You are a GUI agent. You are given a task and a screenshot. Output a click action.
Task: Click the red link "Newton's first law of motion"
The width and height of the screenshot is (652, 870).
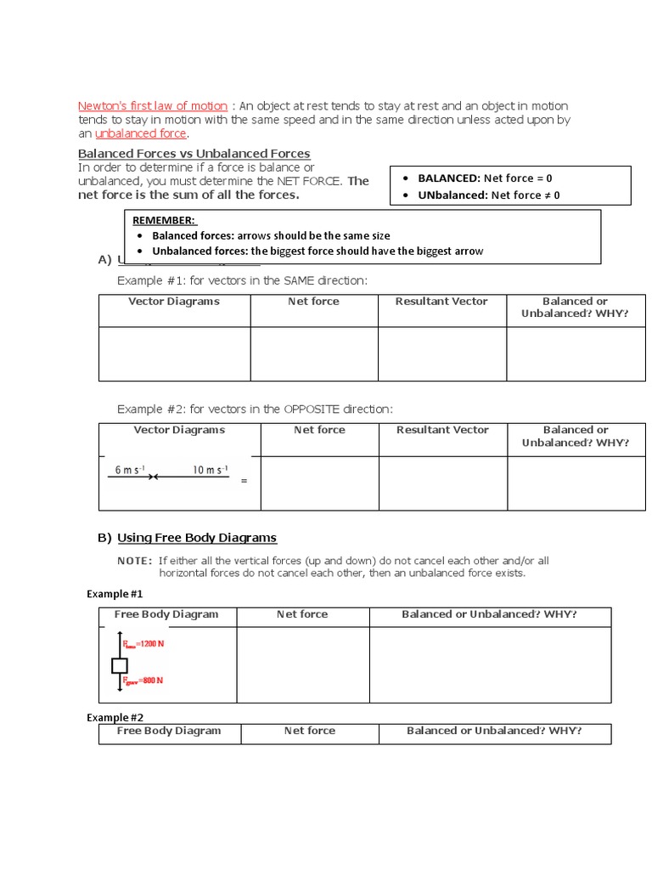(x=153, y=106)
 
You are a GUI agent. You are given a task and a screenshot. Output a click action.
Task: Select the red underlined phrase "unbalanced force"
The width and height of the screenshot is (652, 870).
(x=141, y=133)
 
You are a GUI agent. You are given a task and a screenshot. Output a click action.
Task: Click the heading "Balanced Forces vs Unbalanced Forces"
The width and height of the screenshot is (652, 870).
(x=194, y=154)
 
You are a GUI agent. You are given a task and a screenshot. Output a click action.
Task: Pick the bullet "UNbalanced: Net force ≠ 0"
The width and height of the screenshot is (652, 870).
(x=488, y=195)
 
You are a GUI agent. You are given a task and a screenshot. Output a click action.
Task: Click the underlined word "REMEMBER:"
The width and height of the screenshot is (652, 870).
(x=163, y=219)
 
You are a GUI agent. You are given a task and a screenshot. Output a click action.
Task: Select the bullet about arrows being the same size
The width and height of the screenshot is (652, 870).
(x=270, y=235)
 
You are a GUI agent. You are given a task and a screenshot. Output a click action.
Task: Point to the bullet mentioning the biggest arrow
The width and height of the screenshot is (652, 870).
(x=317, y=251)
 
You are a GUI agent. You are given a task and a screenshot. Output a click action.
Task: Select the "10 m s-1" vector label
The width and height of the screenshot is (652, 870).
(x=210, y=470)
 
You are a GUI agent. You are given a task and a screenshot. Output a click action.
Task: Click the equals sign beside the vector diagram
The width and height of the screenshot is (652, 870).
(x=244, y=482)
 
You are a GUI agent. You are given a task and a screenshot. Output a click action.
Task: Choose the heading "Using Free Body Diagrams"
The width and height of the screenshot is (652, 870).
(x=196, y=538)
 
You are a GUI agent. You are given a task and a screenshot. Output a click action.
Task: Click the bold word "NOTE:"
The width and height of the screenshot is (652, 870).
(x=134, y=561)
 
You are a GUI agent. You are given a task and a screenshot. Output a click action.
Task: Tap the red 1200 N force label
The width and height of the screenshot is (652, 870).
(x=144, y=643)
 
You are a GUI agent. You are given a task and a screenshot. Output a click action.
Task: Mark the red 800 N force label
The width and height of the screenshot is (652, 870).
(x=143, y=681)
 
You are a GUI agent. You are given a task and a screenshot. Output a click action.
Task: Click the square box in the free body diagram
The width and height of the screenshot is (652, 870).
(x=120, y=664)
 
